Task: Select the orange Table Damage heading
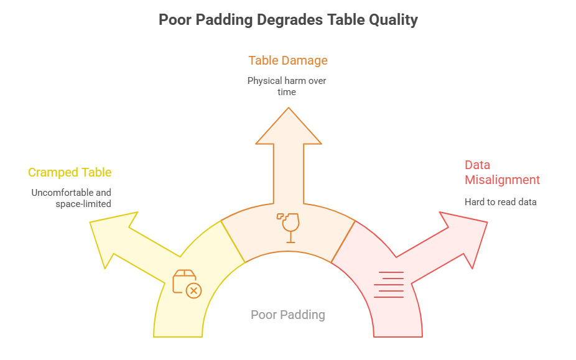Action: pyautogui.click(x=288, y=61)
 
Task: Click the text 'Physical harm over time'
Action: pyautogui.click(x=287, y=86)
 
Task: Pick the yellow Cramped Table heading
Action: pyautogui.click(x=70, y=172)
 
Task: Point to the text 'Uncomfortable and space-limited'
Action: pyautogui.click(x=72, y=198)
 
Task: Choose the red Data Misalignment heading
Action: pyautogui.click(x=502, y=172)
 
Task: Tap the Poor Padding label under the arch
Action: pyautogui.click(x=287, y=315)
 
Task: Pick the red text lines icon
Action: pyautogui.click(x=389, y=285)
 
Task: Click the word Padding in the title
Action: pyautogui.click(x=223, y=20)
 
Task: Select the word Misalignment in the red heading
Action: pyautogui.click(x=502, y=180)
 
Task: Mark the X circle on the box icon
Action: pyautogui.click(x=194, y=290)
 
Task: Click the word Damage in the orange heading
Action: pyautogui.click(x=305, y=61)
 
